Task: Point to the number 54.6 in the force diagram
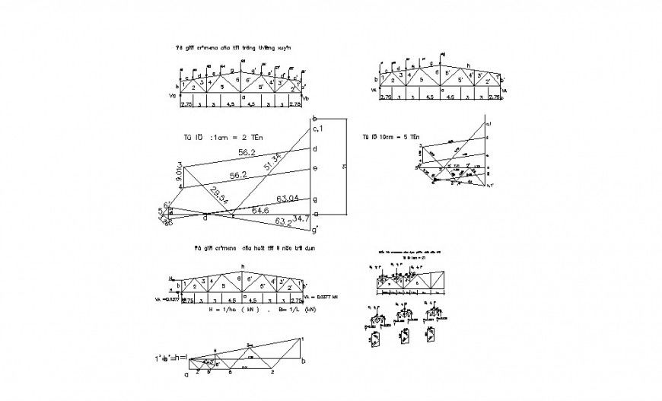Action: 261,209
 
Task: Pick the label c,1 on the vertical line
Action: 318,129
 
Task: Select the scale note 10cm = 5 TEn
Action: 391,137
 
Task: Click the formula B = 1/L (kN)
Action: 291,310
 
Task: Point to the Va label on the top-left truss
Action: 173,97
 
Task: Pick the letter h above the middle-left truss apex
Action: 243,266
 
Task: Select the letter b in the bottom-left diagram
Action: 304,360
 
